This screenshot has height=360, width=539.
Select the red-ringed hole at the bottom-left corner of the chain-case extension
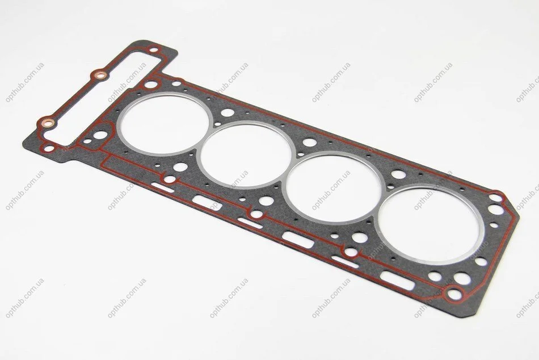[49, 149]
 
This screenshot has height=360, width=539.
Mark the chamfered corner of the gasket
[515, 207]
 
